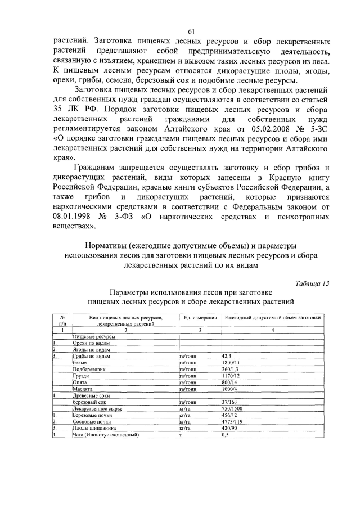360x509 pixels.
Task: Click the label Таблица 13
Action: [312, 283]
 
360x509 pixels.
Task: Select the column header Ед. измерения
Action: [200, 318]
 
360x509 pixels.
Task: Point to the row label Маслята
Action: [84, 389]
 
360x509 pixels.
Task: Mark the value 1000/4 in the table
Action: [231, 389]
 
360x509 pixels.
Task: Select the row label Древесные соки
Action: [91, 395]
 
